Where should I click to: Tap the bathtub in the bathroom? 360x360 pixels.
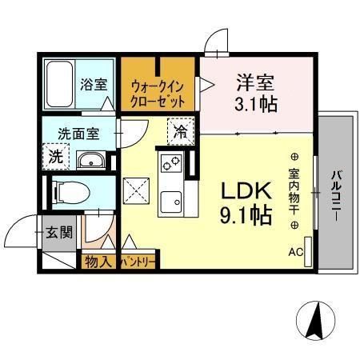60,84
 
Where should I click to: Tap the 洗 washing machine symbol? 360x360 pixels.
55,157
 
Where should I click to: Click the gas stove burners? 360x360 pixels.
172,164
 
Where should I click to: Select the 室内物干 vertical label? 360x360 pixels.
294,193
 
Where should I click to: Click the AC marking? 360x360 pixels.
296,252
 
